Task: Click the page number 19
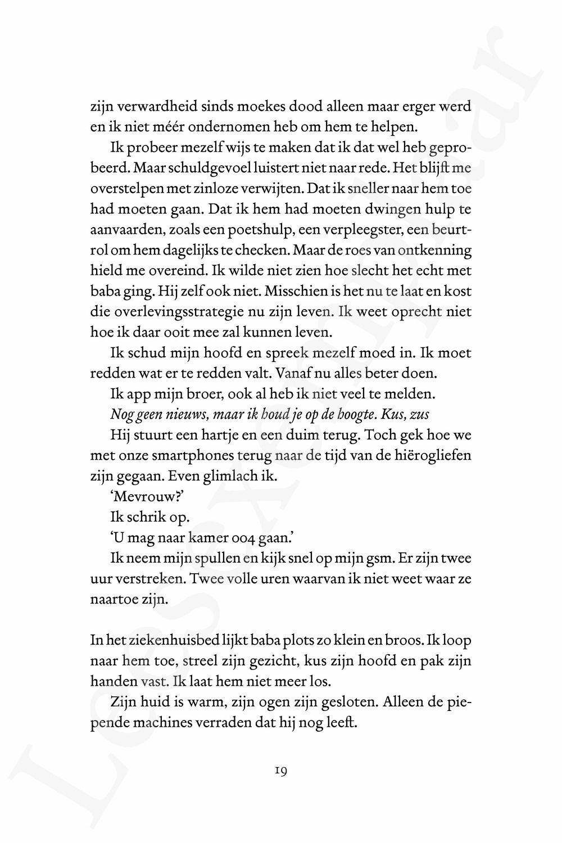click(281, 771)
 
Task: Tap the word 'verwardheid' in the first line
click(149, 107)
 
